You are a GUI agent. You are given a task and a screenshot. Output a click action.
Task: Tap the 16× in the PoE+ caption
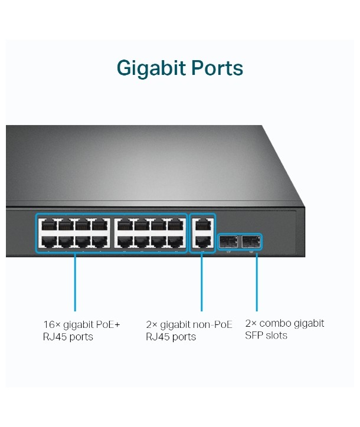click(x=50, y=324)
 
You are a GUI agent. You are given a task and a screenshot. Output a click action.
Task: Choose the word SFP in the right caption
click(x=254, y=336)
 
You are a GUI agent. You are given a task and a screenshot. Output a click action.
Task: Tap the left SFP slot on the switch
click(x=228, y=241)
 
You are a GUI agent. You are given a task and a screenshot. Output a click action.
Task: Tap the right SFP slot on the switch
click(x=251, y=241)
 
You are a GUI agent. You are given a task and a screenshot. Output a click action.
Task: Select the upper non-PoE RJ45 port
click(x=202, y=225)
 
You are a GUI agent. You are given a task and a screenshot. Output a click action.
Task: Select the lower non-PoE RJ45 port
click(x=202, y=241)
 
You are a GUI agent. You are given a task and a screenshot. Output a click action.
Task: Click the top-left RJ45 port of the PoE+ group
click(x=47, y=225)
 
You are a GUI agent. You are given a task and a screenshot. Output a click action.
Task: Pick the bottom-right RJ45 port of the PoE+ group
click(x=175, y=241)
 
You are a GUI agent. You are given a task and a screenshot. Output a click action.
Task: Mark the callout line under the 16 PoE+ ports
click(x=75, y=283)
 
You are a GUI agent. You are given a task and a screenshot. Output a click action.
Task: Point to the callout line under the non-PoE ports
click(x=202, y=283)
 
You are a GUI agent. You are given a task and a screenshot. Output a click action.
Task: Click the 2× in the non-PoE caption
click(x=152, y=324)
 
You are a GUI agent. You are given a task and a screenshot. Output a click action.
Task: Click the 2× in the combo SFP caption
click(x=251, y=323)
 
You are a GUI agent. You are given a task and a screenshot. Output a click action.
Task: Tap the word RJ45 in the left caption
click(x=54, y=337)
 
